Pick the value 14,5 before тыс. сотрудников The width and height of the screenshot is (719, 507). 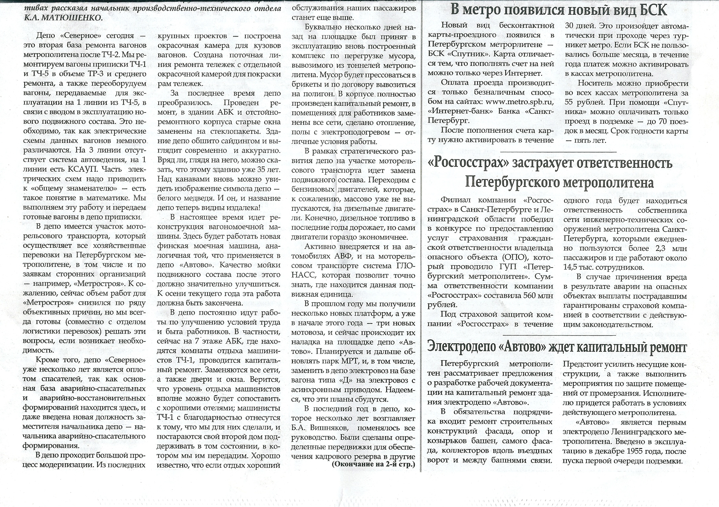click(x=573, y=267)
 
